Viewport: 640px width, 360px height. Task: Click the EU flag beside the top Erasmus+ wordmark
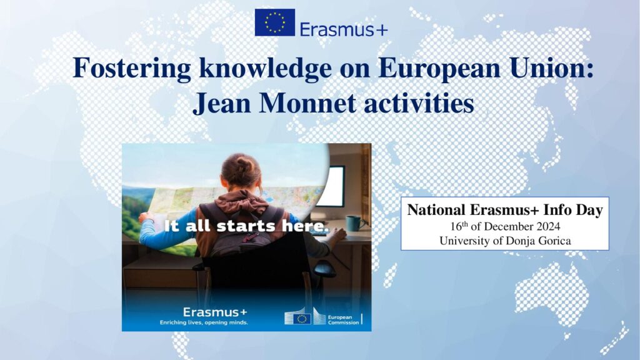pyautogui.click(x=275, y=22)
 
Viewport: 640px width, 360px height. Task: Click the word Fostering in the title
pyautogui.click(x=132, y=67)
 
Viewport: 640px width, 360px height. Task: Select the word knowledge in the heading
pyautogui.click(x=265, y=69)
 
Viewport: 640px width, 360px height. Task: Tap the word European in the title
pyautogui.click(x=439, y=69)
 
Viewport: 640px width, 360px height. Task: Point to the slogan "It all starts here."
pyautogui.click(x=246, y=226)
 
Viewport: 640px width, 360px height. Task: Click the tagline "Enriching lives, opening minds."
pyautogui.click(x=204, y=322)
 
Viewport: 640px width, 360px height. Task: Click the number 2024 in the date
pyautogui.click(x=548, y=226)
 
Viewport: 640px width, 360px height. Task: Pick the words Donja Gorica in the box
pyautogui.click(x=538, y=241)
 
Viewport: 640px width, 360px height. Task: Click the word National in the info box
pyautogui.click(x=436, y=210)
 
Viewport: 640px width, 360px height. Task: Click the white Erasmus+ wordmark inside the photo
pyautogui.click(x=215, y=312)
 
